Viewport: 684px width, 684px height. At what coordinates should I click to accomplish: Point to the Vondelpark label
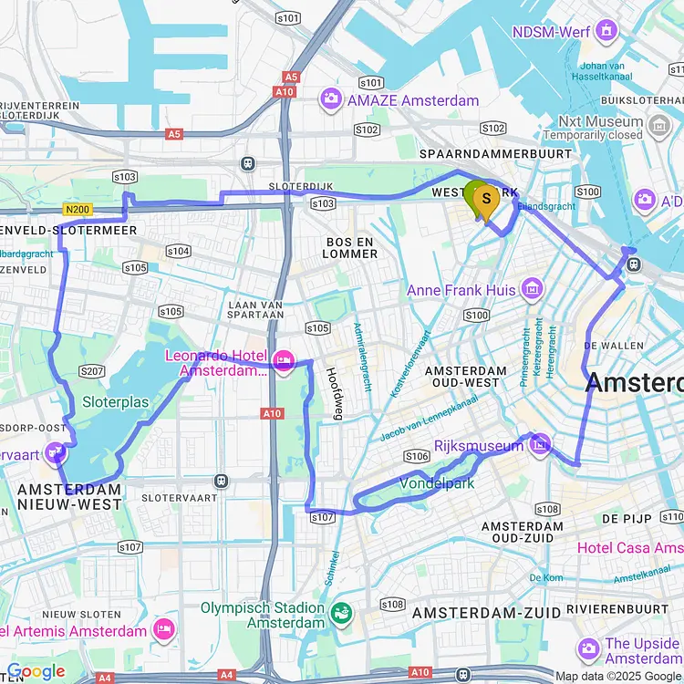[437, 483]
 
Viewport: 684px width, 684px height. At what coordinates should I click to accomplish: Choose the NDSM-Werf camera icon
[606, 33]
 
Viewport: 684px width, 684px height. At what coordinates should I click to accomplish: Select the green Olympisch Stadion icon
[342, 613]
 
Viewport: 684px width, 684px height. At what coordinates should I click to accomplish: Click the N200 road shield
[78, 209]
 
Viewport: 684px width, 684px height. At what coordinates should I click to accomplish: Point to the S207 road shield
[91, 370]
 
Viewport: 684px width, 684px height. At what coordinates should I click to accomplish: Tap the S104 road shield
[178, 251]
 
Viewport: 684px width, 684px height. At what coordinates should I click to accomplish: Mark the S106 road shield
[417, 455]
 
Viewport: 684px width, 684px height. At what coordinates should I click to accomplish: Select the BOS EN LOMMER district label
[351, 247]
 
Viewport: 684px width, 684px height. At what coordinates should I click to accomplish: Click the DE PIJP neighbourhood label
[627, 518]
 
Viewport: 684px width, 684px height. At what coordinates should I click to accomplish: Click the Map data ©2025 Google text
[617, 676]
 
